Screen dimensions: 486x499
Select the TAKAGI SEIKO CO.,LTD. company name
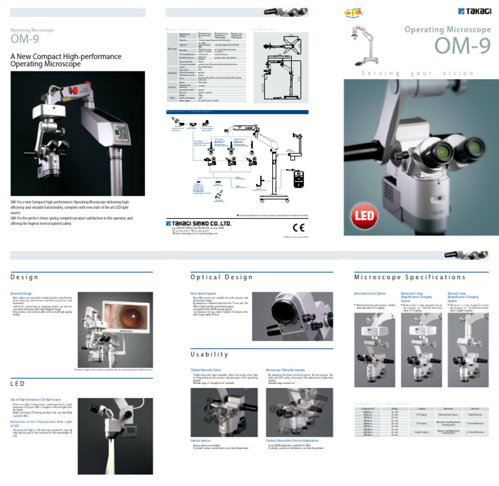203,224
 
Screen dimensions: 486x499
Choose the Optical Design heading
212,277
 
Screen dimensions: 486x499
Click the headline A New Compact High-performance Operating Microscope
45,60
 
